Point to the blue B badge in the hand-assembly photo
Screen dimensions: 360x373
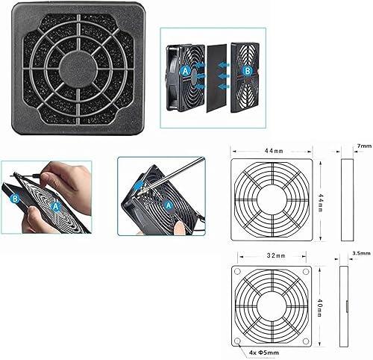pyautogui.click(x=15, y=199)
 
